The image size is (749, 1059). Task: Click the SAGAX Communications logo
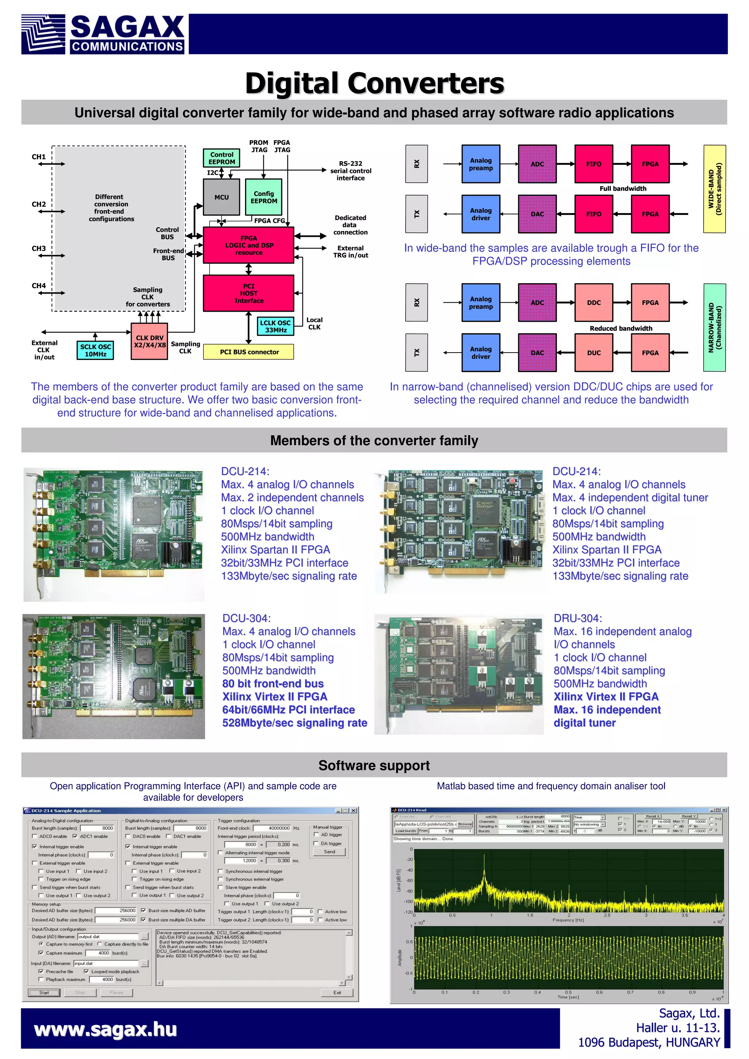102,34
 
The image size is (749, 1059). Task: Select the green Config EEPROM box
264,197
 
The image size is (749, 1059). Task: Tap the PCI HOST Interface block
248,293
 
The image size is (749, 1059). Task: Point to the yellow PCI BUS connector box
249,352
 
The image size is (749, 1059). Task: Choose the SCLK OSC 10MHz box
95,350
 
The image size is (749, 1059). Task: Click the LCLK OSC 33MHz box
275,326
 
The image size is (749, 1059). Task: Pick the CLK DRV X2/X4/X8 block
149,341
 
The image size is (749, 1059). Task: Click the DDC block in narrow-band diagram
594,303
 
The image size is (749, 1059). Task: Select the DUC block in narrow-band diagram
594,353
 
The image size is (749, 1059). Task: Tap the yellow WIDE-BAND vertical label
714,189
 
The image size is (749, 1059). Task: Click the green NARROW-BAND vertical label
714,327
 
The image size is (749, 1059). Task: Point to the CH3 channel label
39,248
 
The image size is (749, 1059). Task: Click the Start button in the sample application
44,992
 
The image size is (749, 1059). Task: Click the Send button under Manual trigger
330,852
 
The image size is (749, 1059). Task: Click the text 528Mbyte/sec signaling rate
294,723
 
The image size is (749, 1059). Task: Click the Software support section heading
374,765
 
